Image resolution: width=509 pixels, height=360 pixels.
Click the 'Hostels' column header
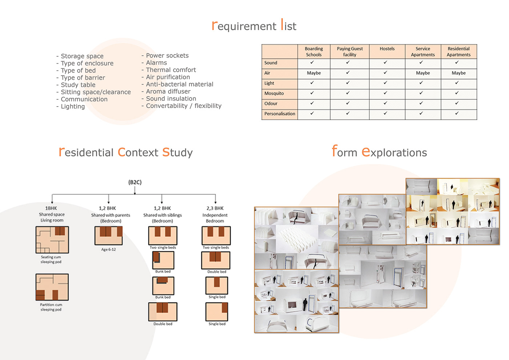click(x=387, y=49)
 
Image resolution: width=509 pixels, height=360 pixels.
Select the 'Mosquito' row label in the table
click(x=274, y=93)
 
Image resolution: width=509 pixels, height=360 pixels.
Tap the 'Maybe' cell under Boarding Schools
click(x=314, y=73)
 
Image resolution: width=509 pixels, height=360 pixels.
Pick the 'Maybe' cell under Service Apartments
click(x=423, y=73)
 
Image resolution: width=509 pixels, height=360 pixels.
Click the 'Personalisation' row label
click(x=280, y=114)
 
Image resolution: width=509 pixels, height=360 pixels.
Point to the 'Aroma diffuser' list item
click(x=168, y=92)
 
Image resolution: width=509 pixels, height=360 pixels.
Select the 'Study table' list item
click(x=78, y=85)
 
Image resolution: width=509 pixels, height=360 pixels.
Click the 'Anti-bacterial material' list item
click(x=180, y=84)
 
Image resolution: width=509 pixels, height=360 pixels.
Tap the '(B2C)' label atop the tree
click(x=135, y=182)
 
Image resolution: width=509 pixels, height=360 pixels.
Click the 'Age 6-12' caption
click(x=108, y=249)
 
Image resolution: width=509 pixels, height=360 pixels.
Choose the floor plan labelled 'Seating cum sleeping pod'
click(x=52, y=240)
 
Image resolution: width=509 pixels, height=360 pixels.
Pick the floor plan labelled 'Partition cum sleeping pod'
click(x=52, y=287)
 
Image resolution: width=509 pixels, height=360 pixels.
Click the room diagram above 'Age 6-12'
click(x=108, y=236)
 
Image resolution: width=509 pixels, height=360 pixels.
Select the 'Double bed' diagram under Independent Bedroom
click(x=216, y=260)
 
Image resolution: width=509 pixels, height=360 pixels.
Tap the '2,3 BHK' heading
click(x=215, y=208)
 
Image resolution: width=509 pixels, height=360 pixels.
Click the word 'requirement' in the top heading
click(x=244, y=26)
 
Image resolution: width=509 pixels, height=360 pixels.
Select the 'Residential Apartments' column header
click(x=458, y=52)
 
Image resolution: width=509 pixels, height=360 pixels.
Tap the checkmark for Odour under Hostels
click(x=385, y=103)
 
